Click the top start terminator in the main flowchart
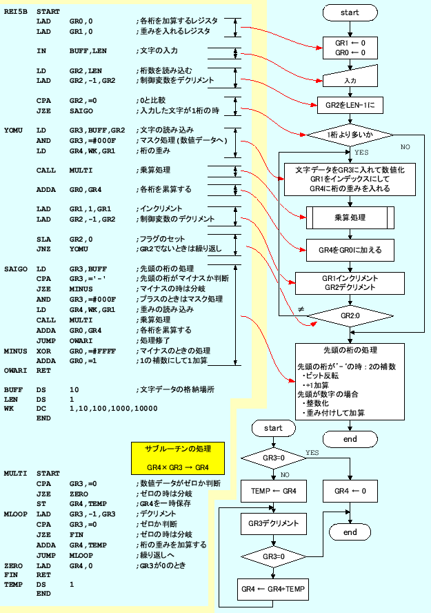tap(350, 13)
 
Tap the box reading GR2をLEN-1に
tap(350, 106)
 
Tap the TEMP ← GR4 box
tap(269, 492)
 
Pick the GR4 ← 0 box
tap(350, 492)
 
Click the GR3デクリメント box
tap(269, 525)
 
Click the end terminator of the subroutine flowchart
tap(350, 532)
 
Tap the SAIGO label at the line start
tap(15, 269)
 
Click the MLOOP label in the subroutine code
tap(15, 514)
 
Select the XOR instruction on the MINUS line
tap(43, 351)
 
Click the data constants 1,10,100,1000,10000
tap(114, 409)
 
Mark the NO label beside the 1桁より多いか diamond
tap(405, 147)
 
